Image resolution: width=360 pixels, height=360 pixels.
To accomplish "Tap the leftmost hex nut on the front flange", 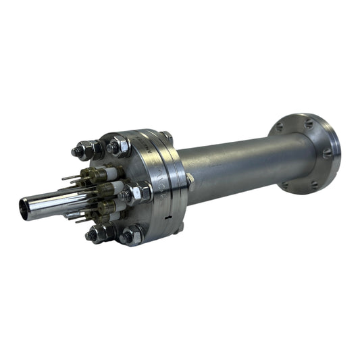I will tap(86, 149).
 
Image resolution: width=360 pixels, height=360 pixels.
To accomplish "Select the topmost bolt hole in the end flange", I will tap(309, 124).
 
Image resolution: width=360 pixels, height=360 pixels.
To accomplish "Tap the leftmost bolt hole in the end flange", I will tap(278, 126).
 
